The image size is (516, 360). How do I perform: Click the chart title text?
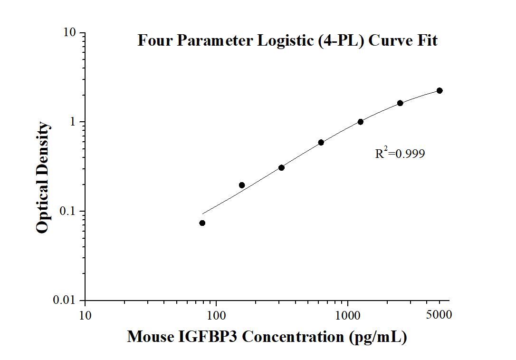(287, 40)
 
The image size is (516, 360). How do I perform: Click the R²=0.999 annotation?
(400, 154)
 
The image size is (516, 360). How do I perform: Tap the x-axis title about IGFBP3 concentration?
(267, 337)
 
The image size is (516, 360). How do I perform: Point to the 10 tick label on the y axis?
(69, 33)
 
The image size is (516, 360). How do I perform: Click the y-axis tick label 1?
(73, 122)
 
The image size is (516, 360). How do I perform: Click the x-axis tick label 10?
(86, 315)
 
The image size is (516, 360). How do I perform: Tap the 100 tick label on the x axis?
(217, 315)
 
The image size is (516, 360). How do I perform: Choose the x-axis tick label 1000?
(348, 315)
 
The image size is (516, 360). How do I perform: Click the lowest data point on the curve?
(202, 223)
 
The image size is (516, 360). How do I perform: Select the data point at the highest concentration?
(440, 90)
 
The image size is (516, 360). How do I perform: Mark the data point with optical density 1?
(361, 122)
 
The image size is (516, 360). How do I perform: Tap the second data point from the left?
(242, 185)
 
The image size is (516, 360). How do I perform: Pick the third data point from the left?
(281, 167)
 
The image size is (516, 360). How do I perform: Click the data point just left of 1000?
(321, 142)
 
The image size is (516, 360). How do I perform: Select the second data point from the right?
(400, 103)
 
